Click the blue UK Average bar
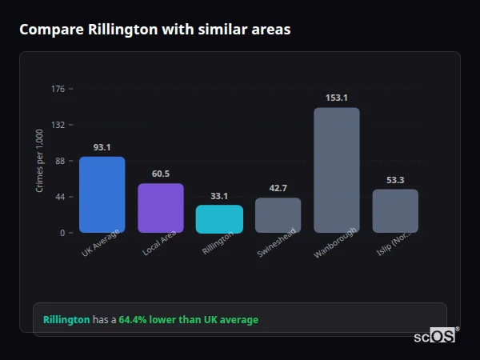click(x=102, y=194)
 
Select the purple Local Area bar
click(x=161, y=208)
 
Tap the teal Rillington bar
click(x=219, y=219)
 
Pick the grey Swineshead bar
click(x=278, y=215)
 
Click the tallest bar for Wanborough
click(x=337, y=170)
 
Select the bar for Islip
click(x=395, y=210)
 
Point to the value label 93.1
click(x=102, y=147)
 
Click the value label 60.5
click(x=161, y=174)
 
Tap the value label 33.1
click(x=219, y=196)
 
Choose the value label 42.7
click(x=278, y=188)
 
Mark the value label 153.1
click(x=337, y=98)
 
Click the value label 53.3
click(x=395, y=180)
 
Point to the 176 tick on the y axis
click(x=58, y=89)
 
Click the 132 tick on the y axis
click(x=58, y=125)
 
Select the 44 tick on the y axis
click(x=60, y=197)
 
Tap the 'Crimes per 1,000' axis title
click(x=40, y=161)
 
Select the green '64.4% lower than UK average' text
click(x=189, y=320)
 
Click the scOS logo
click(x=434, y=336)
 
